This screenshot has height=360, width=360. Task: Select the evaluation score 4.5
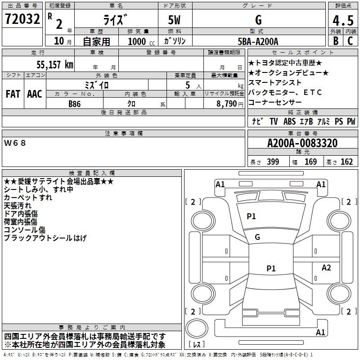coord(343,21)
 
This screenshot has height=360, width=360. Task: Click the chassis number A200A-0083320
coord(302,144)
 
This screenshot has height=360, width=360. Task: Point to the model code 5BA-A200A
coord(258,41)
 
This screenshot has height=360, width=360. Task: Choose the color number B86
coord(75,103)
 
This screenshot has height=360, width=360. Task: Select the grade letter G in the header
coord(258,20)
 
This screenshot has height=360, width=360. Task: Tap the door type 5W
coord(175,20)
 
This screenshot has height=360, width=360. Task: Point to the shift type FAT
coord(13,94)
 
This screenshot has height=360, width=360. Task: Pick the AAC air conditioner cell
coord(35,94)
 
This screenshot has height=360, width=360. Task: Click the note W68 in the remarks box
coord(15,143)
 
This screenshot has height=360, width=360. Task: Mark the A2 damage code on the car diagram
coord(326,267)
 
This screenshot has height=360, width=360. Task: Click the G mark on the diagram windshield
coord(257,237)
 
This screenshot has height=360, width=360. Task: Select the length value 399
coord(273,162)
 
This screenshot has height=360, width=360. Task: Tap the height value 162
coord(346,162)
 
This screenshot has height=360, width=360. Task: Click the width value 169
coord(310,162)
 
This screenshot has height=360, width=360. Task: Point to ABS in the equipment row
coord(289,121)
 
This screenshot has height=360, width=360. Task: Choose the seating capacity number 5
coord(187,85)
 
